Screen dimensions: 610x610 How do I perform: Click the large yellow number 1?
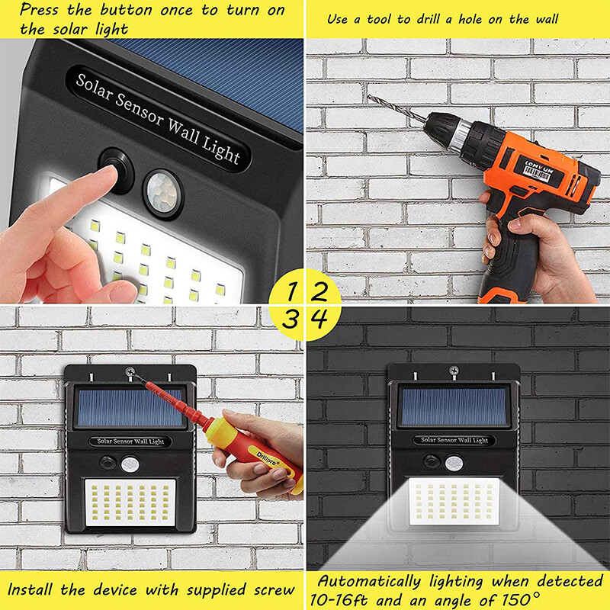tap(291, 291)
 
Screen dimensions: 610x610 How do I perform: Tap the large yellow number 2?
tap(320, 291)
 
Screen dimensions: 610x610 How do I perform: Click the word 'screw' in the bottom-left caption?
tap(272, 589)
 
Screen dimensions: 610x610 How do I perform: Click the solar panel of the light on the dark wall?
tap(454, 406)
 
